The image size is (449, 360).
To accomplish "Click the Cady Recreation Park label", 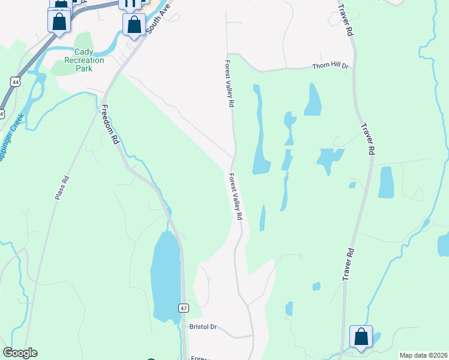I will tap(84, 60).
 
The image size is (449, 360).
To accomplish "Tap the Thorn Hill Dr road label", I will tap(330, 66).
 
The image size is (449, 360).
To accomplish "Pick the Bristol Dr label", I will tap(202, 327).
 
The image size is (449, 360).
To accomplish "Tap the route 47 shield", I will tap(183, 308).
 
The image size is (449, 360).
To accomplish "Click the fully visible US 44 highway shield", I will tap(14, 81).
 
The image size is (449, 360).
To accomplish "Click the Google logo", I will tap(20, 353).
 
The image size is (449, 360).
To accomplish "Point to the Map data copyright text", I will tap(423, 355).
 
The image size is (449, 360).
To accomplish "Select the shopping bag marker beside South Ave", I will tap(134, 25).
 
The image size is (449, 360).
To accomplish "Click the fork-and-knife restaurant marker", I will tap(130, 4).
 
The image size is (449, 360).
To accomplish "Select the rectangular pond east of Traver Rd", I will tap(386, 182).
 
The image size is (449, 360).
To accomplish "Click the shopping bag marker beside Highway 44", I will tap(59, 22).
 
